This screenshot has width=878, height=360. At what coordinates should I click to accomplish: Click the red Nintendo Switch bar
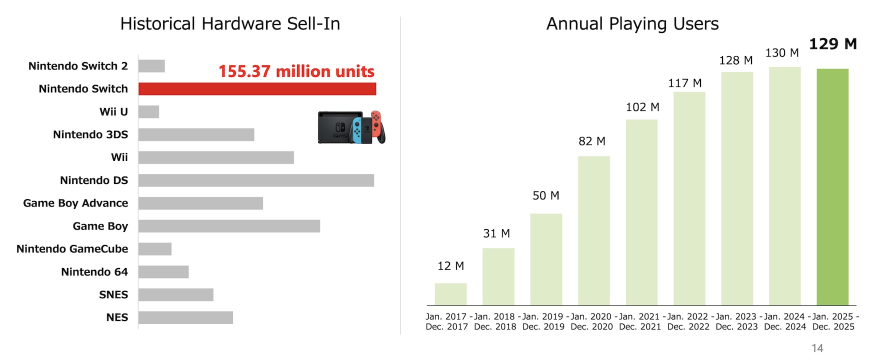point(257,89)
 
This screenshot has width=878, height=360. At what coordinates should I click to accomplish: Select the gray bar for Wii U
point(148,112)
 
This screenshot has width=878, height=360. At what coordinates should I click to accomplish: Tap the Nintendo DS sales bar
point(256,180)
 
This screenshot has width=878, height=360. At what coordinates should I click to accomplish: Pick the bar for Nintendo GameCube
point(155,249)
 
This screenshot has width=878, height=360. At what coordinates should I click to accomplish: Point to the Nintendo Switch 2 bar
point(151,66)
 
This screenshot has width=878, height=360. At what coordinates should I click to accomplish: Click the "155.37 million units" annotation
point(296,71)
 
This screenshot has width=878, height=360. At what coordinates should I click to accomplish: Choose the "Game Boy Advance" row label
point(75,203)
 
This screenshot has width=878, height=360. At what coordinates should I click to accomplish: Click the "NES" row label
point(117,317)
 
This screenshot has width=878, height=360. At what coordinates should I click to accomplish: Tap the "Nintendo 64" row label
point(94,272)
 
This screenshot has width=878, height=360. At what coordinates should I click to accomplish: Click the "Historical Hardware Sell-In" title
point(230,24)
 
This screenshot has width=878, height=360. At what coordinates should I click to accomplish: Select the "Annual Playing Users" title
point(632,24)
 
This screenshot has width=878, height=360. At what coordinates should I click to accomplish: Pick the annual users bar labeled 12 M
point(450,294)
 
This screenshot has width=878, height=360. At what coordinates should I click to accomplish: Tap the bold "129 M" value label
point(832,44)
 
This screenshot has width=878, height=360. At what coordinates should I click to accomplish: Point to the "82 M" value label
point(592,141)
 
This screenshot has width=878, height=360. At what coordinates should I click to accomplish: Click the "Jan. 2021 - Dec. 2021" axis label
point(640,321)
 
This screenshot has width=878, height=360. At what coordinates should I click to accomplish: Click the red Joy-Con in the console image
point(376,123)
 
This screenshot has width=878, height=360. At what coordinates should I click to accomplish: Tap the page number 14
point(817,348)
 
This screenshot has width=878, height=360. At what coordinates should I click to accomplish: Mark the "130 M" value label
point(782,53)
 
